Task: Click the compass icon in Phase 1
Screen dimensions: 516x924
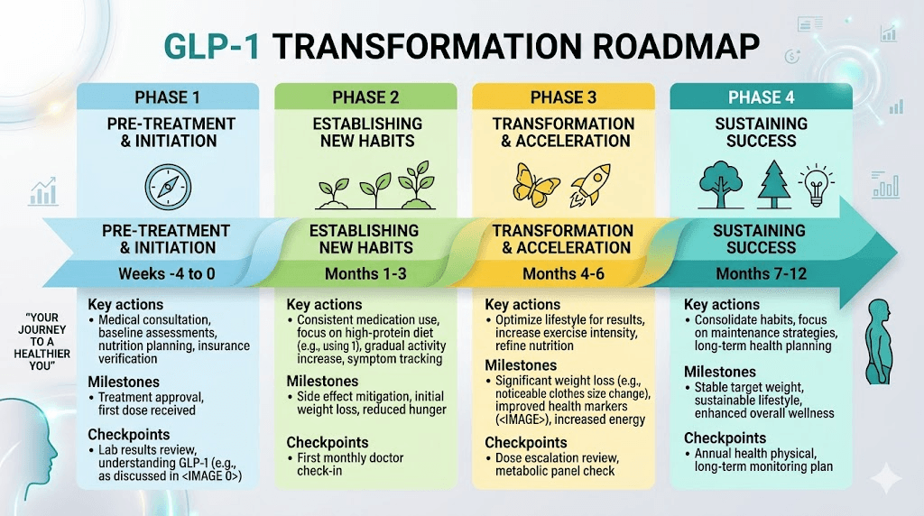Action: click(168, 186)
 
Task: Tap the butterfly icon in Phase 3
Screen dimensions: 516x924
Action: click(536, 185)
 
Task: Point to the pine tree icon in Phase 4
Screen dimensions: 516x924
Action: click(772, 185)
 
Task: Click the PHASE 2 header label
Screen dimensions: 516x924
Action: click(365, 97)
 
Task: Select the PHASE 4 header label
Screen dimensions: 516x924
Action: click(760, 97)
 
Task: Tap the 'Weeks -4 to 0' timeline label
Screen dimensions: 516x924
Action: click(168, 274)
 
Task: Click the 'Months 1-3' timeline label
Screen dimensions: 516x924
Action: click(365, 274)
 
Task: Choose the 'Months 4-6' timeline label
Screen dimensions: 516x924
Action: click(561, 274)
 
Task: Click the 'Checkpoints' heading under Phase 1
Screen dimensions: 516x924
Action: click(129, 434)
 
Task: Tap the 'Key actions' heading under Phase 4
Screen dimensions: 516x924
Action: click(722, 304)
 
